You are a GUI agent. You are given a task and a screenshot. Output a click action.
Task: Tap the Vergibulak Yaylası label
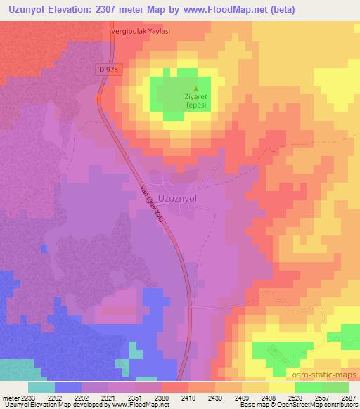click(141, 32)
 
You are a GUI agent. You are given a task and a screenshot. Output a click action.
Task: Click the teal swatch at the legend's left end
click(41, 387)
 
